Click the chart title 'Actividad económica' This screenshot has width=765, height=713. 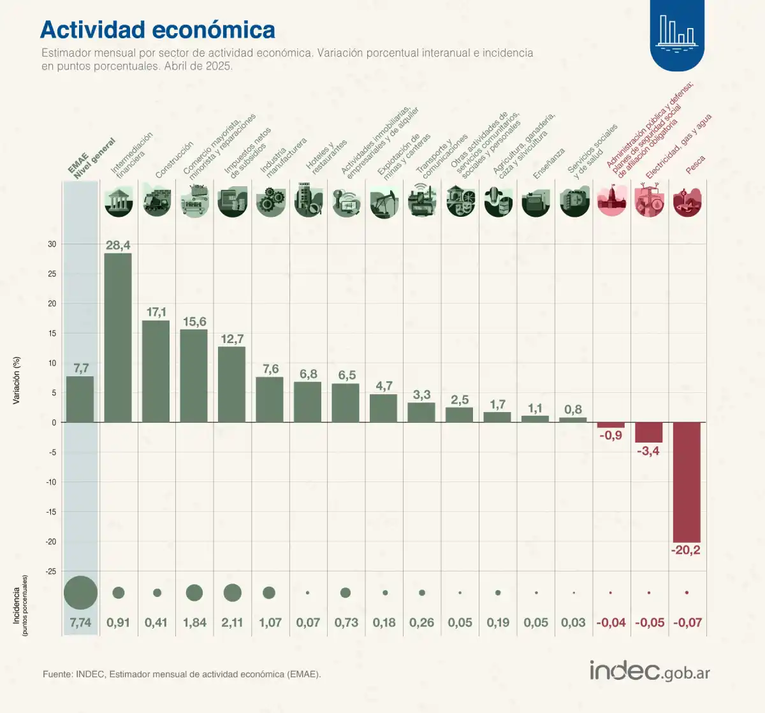point(157,30)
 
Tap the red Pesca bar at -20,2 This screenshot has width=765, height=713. point(687,481)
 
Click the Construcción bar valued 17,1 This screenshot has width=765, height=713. point(156,371)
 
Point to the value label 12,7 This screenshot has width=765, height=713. point(232,339)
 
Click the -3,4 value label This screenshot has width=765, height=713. point(648,451)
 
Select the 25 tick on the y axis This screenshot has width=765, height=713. point(52,274)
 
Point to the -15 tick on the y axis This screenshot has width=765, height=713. point(50,511)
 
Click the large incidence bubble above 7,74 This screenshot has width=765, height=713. point(80,592)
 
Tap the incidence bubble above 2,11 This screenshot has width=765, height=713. point(233,592)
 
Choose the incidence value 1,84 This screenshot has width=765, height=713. point(194,622)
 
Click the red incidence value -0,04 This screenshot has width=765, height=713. point(611,622)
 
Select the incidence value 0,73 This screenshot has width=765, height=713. point(346,622)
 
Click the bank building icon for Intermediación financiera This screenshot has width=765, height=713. point(119,202)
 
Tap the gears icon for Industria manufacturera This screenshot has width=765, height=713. point(270,202)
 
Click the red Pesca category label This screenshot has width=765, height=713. point(695,165)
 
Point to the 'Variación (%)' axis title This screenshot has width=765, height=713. point(17,380)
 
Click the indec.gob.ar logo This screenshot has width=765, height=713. point(649,671)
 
